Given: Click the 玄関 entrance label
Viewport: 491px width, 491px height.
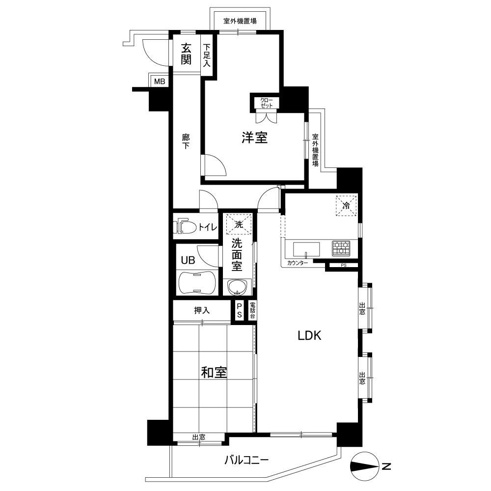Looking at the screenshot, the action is pos(186,54).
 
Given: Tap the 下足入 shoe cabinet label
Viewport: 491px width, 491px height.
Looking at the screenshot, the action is pos(207,55).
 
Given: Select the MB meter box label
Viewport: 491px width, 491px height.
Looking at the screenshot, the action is pos(160,82).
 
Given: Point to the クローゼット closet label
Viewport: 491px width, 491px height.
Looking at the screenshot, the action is pos(267,103).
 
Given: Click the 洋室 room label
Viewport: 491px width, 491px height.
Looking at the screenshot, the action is pos(254,138).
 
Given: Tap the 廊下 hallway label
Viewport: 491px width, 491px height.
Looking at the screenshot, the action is pos(186,141).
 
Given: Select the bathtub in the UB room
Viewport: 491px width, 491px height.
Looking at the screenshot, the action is pos(197,282).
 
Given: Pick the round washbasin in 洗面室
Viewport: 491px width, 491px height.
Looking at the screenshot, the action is pos(237,287).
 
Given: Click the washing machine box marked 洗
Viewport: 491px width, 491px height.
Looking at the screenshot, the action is pos(239,224).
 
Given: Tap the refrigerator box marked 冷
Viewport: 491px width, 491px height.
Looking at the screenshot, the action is pos(346,205).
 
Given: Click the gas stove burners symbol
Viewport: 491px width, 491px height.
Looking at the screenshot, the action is pos(341,248).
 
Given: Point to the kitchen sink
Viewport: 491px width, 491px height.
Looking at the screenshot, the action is pos(306,249).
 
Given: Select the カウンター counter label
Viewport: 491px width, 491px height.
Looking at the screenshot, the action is pos(297,263).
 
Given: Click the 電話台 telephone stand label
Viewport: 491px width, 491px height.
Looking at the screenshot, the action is pos(252,311).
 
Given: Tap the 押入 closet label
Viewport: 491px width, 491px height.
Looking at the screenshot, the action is pos(202,310).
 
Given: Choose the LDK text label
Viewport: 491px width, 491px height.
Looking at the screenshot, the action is pos(309,336).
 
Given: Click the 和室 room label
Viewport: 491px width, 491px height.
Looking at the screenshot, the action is pos(214,372).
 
